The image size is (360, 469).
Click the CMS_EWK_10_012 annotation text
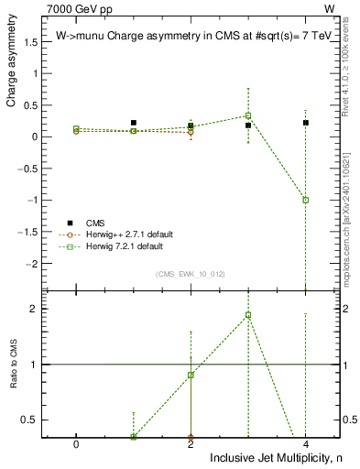pyautogui.click(x=191, y=273)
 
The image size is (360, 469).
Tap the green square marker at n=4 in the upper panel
pyautogui.click(x=306, y=200)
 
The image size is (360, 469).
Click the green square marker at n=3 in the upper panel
pyautogui.click(x=248, y=115)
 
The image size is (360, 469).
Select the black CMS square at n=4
pyautogui.click(x=306, y=123)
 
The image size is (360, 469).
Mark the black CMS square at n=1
pyautogui.click(x=134, y=123)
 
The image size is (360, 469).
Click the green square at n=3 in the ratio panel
pyautogui.click(x=248, y=315)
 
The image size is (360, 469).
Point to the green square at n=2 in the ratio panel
pyautogui.click(x=191, y=375)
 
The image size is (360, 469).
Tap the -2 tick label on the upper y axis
pyautogui.click(x=32, y=264)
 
